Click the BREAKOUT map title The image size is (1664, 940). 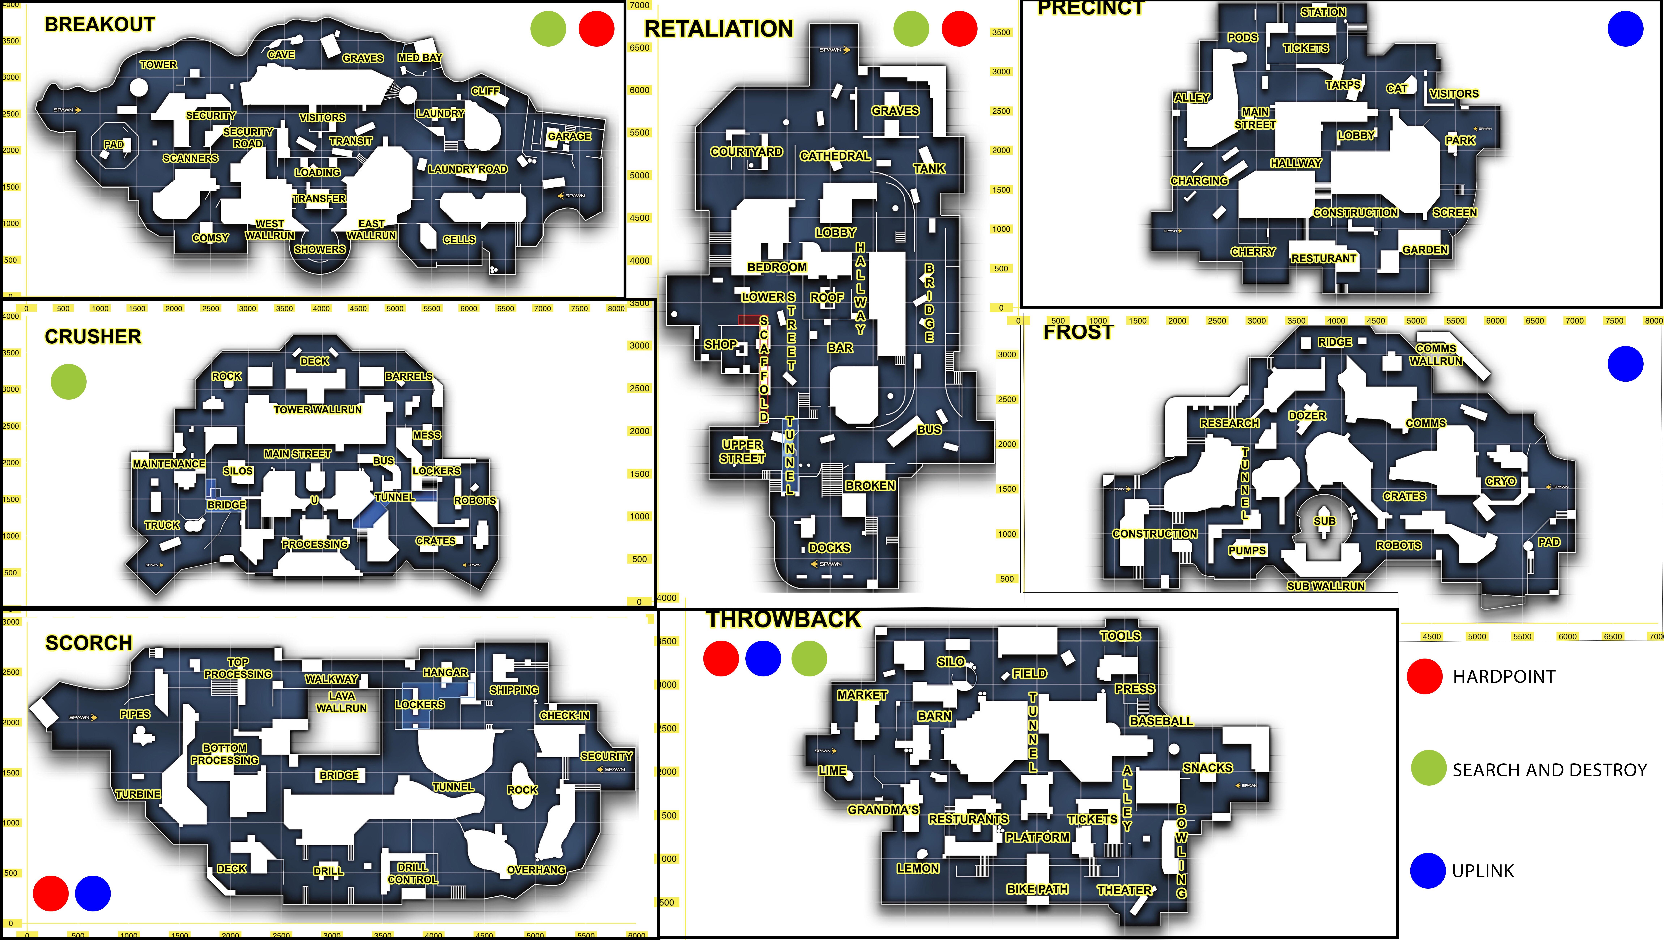pyautogui.click(x=99, y=25)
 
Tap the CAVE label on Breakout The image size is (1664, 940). pyautogui.click(x=281, y=55)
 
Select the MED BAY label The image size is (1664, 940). pyautogui.click(x=420, y=57)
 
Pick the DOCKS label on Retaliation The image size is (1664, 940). pyautogui.click(x=829, y=548)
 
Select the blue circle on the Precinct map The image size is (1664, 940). pyautogui.click(x=1625, y=29)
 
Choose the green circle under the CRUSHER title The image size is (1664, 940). pyautogui.click(x=69, y=382)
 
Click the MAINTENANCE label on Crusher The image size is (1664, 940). pyautogui.click(x=169, y=464)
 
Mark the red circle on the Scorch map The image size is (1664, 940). pyautogui.click(x=50, y=894)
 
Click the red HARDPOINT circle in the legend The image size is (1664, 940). pyautogui.click(x=1424, y=676)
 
